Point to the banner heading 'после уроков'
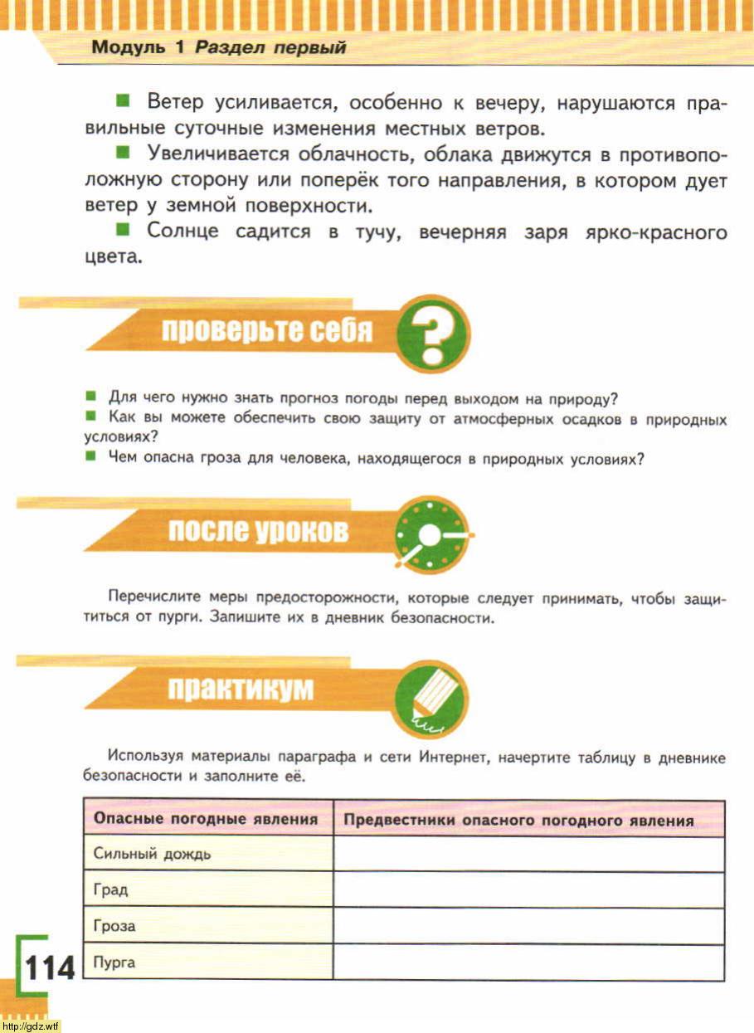[x=258, y=531]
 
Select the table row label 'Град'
[x=111, y=890]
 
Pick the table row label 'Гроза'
[x=114, y=927]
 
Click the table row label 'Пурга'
[x=114, y=963]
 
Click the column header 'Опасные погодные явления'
[x=206, y=819]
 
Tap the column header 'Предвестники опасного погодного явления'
[x=518, y=820]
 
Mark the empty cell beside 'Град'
[x=529, y=890]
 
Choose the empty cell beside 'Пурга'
[x=529, y=963]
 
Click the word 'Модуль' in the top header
[x=129, y=47]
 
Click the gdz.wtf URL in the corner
[x=31, y=1026]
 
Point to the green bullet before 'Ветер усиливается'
[x=123, y=102]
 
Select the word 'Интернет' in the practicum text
[x=453, y=757]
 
